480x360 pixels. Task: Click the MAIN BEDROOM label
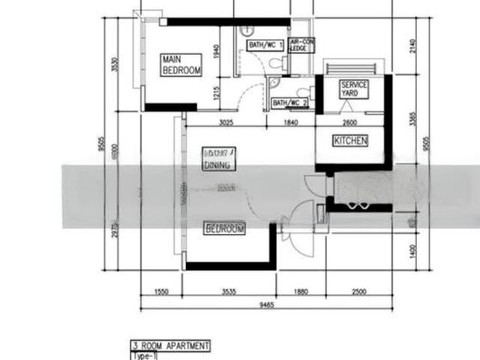tap(181, 64)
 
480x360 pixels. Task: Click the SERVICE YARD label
tap(354, 89)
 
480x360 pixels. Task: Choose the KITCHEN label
tap(350, 140)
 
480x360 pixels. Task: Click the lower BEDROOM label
tap(224, 229)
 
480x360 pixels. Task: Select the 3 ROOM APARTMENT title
tap(171, 346)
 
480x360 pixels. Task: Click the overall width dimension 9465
tap(266, 305)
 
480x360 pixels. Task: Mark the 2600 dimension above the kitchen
tap(349, 122)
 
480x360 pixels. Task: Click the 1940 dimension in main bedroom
tap(215, 52)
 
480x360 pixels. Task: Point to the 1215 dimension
tap(215, 94)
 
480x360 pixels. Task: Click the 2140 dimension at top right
tap(412, 46)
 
